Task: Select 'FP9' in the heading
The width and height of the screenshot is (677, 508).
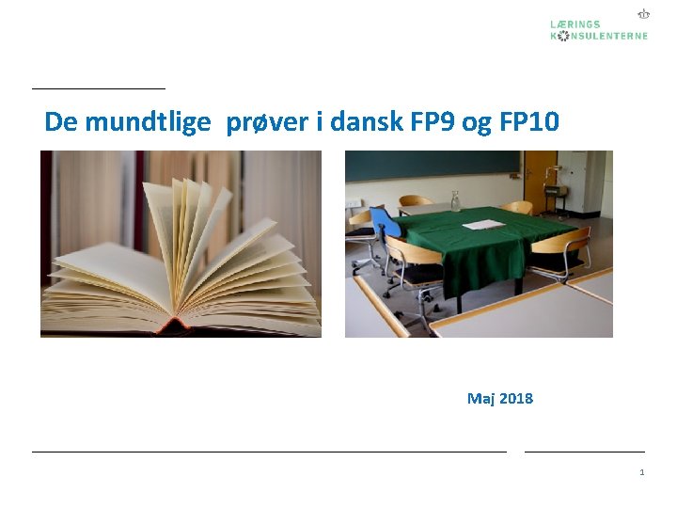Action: tap(433, 122)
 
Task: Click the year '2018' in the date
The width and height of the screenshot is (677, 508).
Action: tap(515, 399)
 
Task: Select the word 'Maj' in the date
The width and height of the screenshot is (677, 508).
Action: tap(481, 399)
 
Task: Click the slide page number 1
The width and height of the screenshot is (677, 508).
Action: tap(641, 472)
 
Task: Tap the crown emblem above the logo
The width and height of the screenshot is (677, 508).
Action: tap(643, 14)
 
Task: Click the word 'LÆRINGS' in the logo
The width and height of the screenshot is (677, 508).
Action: tap(575, 24)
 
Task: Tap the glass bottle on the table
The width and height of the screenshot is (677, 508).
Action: tap(456, 200)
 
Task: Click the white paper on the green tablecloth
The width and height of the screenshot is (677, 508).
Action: tap(484, 225)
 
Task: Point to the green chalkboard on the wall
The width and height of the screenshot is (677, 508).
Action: tap(433, 166)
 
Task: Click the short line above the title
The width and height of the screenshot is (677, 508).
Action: tap(98, 88)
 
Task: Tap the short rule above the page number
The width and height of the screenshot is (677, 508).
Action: tap(584, 452)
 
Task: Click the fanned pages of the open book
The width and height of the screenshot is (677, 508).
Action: tap(188, 245)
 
